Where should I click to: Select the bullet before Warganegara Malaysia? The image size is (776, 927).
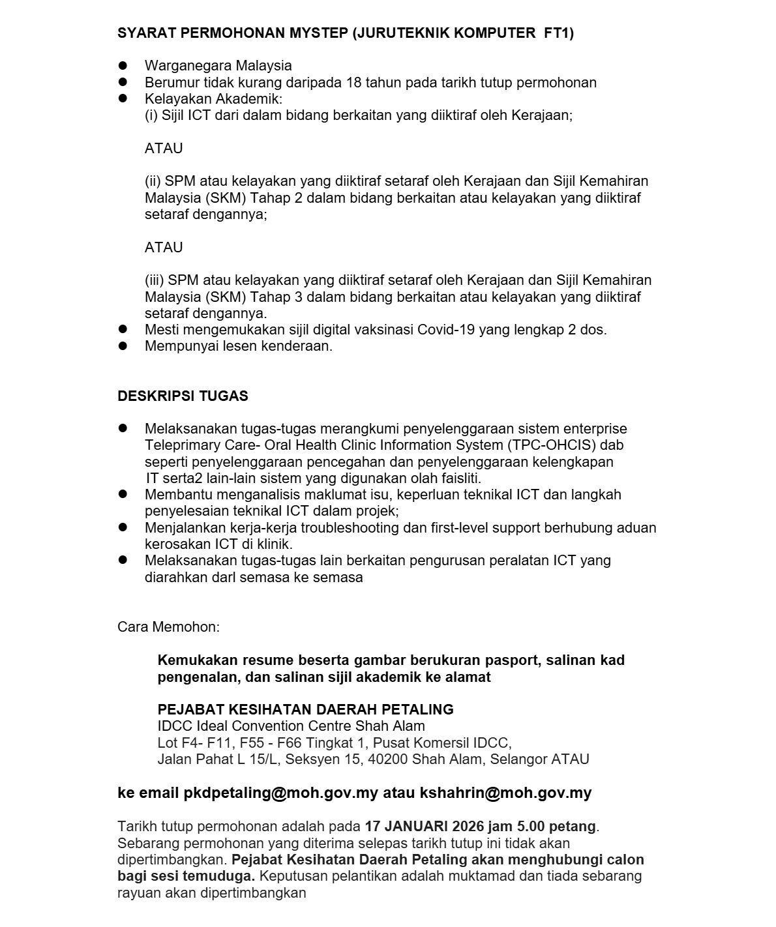point(122,65)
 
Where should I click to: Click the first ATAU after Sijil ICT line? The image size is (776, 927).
point(164,149)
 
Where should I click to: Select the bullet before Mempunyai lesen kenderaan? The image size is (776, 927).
point(122,346)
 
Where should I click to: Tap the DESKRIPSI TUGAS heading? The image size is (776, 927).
point(183,396)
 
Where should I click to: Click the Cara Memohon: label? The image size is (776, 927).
point(168,627)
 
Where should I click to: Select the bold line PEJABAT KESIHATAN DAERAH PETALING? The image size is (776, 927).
point(305,709)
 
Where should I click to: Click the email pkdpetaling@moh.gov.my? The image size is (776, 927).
point(281,793)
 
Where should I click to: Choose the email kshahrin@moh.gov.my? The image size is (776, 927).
point(505,793)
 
